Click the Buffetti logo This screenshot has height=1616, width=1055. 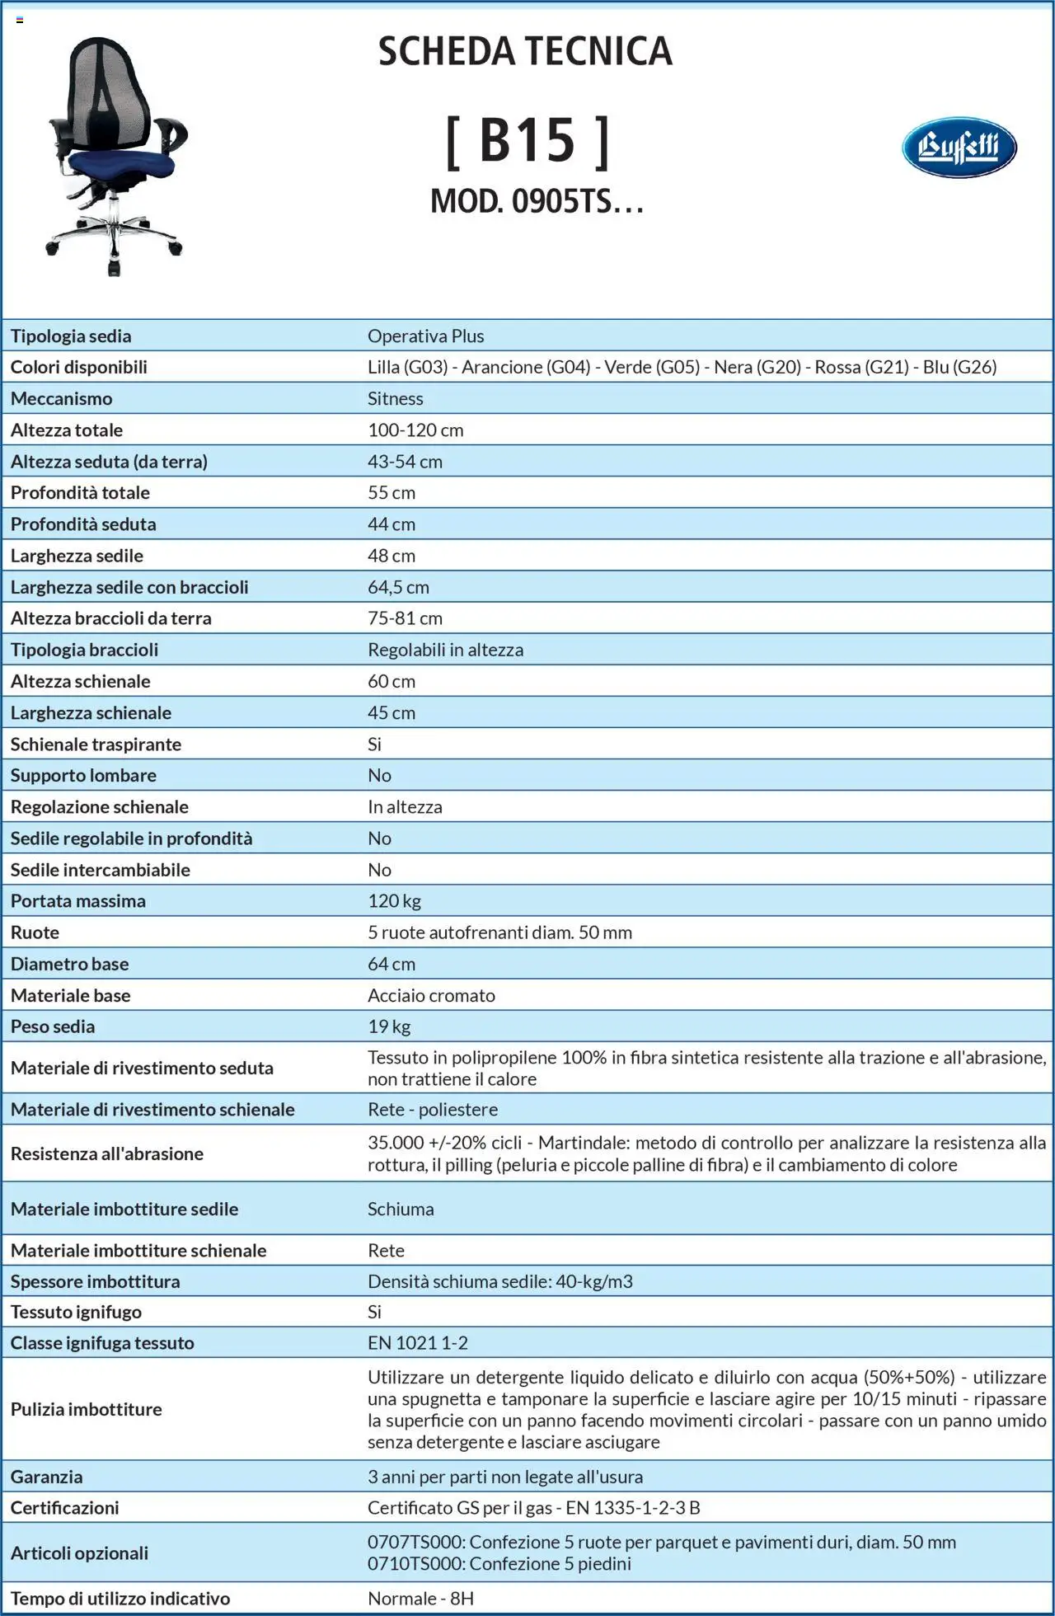click(x=959, y=148)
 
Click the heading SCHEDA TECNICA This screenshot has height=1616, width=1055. click(x=525, y=51)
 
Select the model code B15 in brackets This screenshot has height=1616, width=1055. click(x=527, y=140)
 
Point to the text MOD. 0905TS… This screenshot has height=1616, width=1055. click(x=537, y=201)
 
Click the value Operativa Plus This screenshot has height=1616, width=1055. click(x=425, y=336)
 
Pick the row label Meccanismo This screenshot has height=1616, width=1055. click(x=61, y=399)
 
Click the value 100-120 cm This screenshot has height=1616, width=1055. click(x=415, y=430)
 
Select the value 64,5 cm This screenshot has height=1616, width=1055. click(x=398, y=587)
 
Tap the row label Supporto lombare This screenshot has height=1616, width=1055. click(x=83, y=775)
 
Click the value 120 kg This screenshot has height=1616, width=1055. click(x=394, y=901)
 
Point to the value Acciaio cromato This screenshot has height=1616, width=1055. click(x=431, y=995)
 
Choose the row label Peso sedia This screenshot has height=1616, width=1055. click(x=53, y=1026)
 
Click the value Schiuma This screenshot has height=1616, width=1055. click(x=401, y=1209)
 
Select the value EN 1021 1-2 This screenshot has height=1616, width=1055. click(x=417, y=1343)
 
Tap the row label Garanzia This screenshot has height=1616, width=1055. click(x=46, y=1477)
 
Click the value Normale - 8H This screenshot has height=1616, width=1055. click(x=420, y=1599)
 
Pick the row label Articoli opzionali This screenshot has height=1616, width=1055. click(x=79, y=1553)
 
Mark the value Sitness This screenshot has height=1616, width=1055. click(x=395, y=399)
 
